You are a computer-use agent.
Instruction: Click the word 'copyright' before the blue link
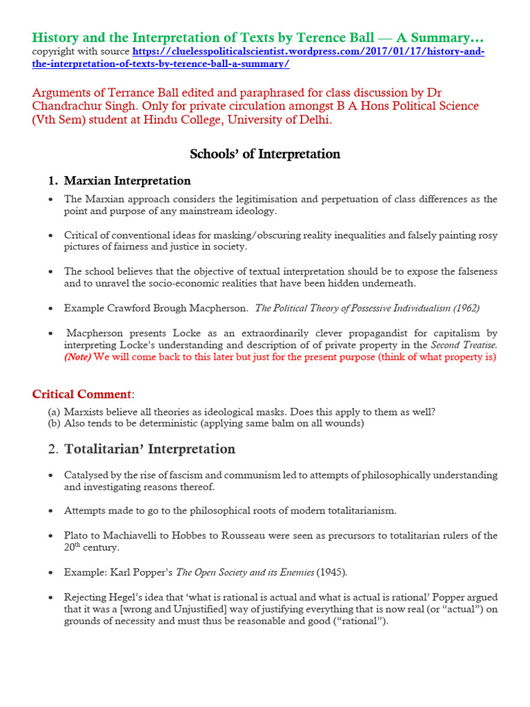tap(52, 52)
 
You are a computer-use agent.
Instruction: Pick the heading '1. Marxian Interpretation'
tap(119, 181)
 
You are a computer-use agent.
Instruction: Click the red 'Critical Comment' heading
tap(81, 394)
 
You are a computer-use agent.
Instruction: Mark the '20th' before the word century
tap(74, 548)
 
